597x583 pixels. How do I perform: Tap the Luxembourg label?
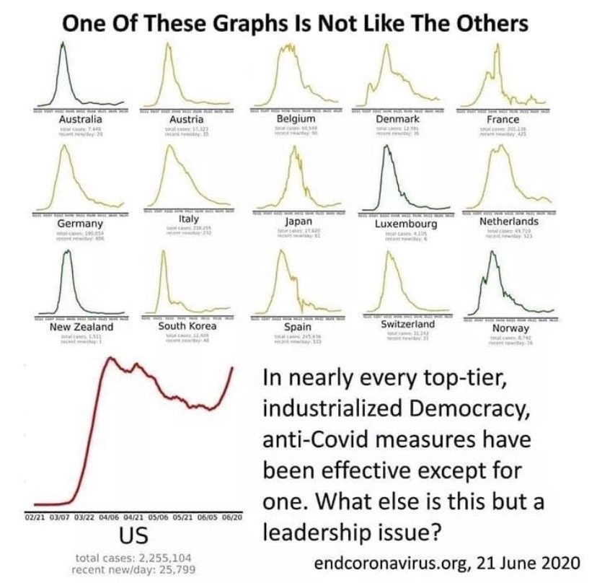[407, 224]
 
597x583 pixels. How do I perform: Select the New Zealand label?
[71, 327]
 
